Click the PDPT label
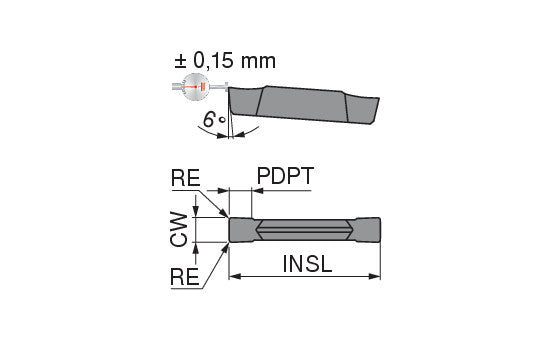pos(285,176)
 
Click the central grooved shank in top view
pos(304,228)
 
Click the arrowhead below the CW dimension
pos(198,246)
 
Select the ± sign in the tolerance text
pos(181,61)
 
